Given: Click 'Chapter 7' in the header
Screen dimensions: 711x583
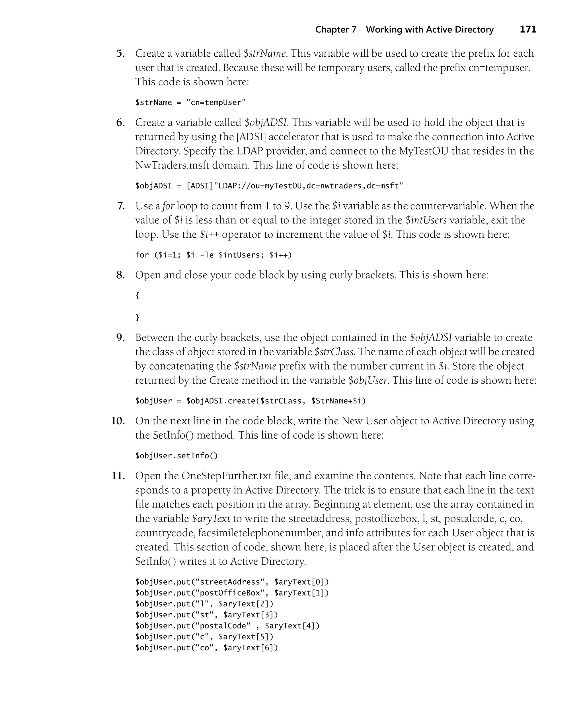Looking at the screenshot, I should (x=336, y=30).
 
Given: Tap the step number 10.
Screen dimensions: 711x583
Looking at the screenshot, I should (x=118, y=421).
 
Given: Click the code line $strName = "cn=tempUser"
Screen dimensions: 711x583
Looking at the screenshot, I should (x=190, y=102).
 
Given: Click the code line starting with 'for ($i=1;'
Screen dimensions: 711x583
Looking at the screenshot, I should (x=214, y=255).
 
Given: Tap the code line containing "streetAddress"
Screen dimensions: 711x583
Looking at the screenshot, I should (x=232, y=582).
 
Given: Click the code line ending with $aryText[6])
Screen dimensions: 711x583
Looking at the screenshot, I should (x=207, y=647).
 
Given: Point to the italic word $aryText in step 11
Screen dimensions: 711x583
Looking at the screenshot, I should (x=211, y=519).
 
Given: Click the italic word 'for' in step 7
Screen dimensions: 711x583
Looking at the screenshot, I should (x=168, y=206).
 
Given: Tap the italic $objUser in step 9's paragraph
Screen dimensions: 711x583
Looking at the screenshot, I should (x=368, y=380).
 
